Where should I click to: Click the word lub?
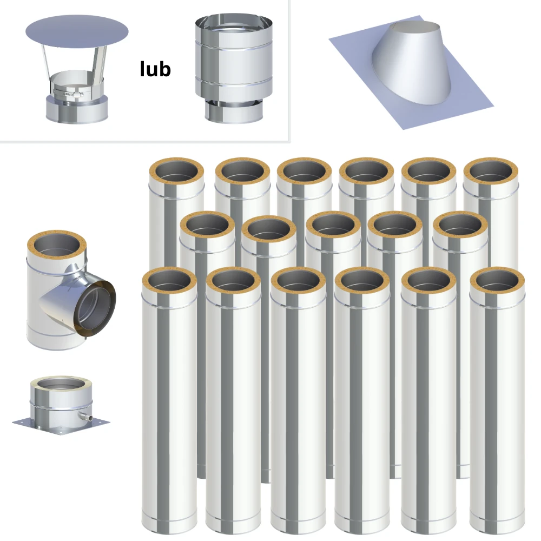point(155,69)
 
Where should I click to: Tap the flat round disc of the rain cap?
point(77,31)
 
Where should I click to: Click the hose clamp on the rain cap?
point(69,93)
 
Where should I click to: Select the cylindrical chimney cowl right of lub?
point(234,68)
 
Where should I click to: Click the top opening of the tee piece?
point(57,245)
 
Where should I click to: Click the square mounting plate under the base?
point(61,425)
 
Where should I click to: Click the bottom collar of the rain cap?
point(77,109)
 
